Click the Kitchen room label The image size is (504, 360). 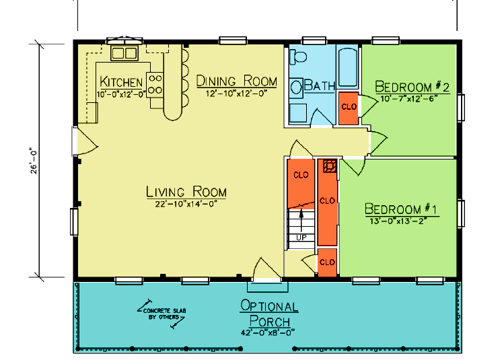[x=121, y=82]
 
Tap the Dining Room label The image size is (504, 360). [x=237, y=81]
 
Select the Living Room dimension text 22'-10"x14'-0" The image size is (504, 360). [x=186, y=204]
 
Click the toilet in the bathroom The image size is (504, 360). [x=298, y=57]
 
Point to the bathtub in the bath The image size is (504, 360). [x=348, y=67]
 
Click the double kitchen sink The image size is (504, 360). [x=124, y=53]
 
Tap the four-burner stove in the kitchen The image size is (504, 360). [x=155, y=84]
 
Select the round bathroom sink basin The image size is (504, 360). [x=296, y=87]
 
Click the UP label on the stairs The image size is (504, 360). [x=301, y=238]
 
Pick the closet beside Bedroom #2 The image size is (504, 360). [x=349, y=108]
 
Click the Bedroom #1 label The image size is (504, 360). [x=401, y=209]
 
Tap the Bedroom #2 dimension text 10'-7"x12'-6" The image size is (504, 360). [x=409, y=99]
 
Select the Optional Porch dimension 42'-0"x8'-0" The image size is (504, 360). [x=268, y=332]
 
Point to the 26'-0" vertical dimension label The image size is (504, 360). [x=34, y=161]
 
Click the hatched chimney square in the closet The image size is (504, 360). [x=330, y=166]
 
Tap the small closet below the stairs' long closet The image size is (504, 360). [x=327, y=262]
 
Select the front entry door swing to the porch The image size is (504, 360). [x=264, y=268]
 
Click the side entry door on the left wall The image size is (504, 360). [x=86, y=141]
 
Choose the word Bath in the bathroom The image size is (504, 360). [x=319, y=86]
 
